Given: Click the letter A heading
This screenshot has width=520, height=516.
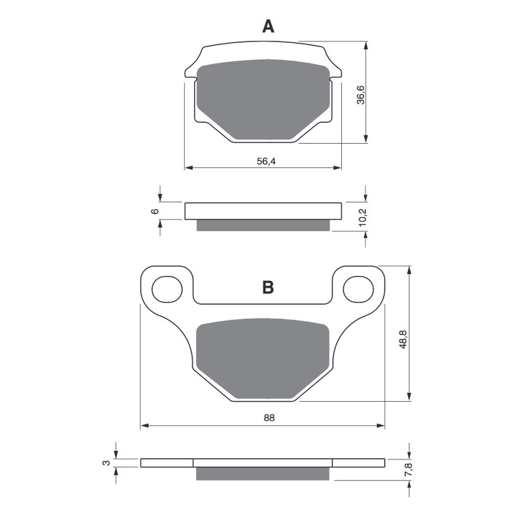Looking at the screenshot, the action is [x=268, y=26].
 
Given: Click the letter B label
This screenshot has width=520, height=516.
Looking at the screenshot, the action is [x=268, y=287].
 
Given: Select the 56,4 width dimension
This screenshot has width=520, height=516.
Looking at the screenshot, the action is [x=266, y=161].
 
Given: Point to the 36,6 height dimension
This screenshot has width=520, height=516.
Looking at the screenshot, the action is [x=361, y=95].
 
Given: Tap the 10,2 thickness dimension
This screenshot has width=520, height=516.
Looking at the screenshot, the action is [x=362, y=217].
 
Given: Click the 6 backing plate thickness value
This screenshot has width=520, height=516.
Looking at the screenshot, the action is [x=155, y=211].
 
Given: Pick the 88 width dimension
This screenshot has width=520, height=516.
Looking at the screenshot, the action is [x=269, y=418].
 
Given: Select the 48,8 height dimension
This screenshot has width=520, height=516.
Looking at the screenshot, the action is [x=403, y=339].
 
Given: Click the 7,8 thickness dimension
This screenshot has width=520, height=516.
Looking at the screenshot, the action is [x=408, y=470].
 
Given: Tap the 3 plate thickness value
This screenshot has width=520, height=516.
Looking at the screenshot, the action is [x=106, y=463].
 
